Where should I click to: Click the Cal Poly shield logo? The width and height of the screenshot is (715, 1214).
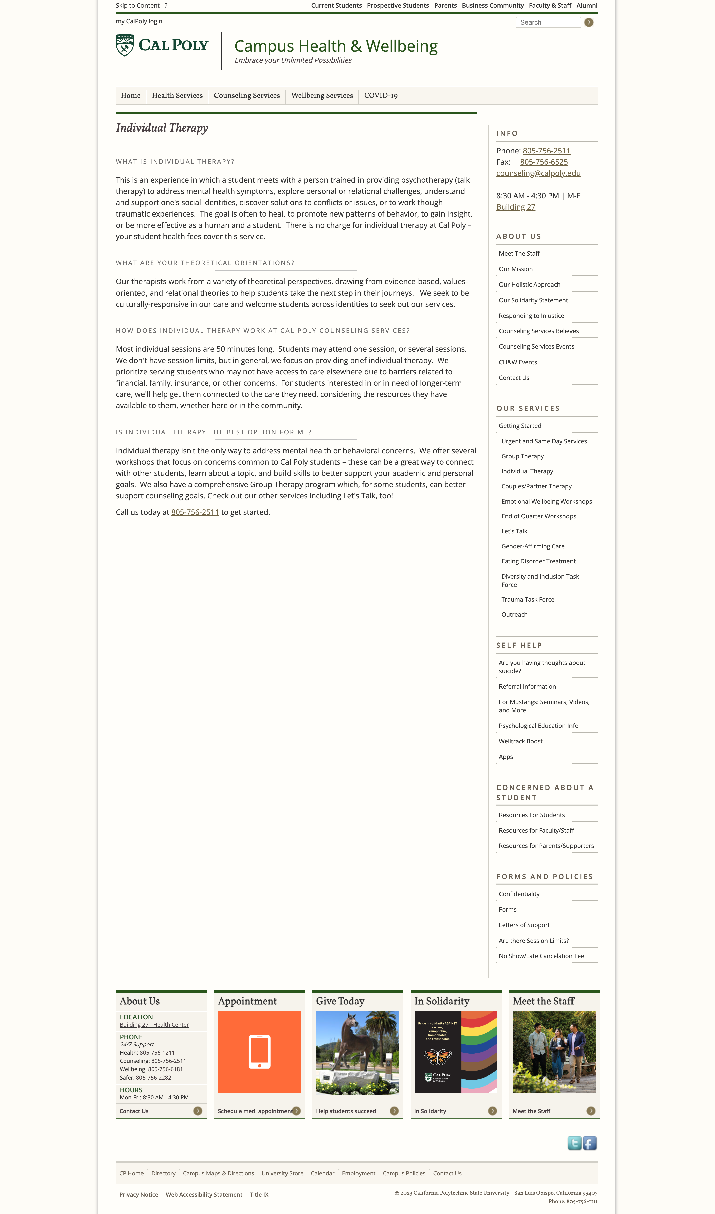tap(125, 45)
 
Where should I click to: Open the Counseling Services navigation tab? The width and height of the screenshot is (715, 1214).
tap(247, 95)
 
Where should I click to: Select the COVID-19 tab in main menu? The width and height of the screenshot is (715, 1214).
tap(381, 95)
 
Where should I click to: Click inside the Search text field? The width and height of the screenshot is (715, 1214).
tap(548, 22)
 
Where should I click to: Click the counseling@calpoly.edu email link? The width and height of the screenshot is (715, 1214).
tap(538, 173)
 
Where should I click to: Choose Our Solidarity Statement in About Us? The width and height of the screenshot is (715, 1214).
tap(533, 300)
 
